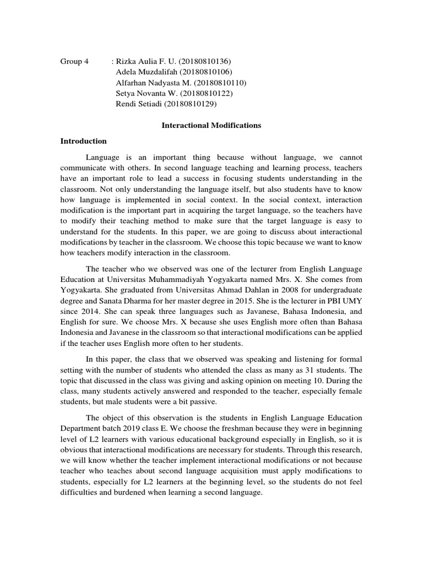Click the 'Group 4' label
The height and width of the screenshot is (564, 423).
pyautogui.click(x=74, y=61)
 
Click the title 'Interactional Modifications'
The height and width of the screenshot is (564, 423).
pyautogui.click(x=211, y=126)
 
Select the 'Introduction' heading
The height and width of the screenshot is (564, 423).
pyautogui.click(x=83, y=141)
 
